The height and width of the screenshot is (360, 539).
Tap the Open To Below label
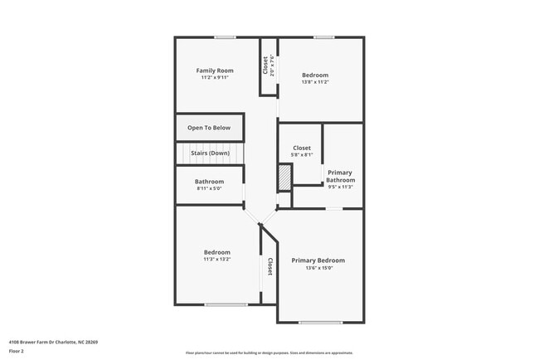pos(209,128)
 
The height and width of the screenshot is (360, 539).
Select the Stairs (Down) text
pos(210,153)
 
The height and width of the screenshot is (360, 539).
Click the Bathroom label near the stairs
pos(209,182)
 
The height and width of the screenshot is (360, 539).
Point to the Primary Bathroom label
pos(340,176)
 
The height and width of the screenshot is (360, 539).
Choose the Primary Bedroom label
pos(318,260)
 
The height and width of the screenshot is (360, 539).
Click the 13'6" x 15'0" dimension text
pos(318,268)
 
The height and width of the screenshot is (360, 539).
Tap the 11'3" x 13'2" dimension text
pos(216,260)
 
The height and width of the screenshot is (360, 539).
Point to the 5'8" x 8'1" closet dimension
pos(302,155)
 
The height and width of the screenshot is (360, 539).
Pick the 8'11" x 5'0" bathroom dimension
pos(209,188)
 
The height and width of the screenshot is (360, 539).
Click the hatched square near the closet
pos(284,177)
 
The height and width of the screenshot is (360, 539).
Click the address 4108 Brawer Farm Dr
pos(53,342)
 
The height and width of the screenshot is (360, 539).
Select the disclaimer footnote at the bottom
pos(269,353)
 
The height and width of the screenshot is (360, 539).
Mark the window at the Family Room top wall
pos(225,36)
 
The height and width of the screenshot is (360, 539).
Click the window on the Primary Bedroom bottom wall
pos(320,322)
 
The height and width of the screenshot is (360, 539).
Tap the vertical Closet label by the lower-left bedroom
pos(270,266)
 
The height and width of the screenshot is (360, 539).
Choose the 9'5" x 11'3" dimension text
pos(340,187)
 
